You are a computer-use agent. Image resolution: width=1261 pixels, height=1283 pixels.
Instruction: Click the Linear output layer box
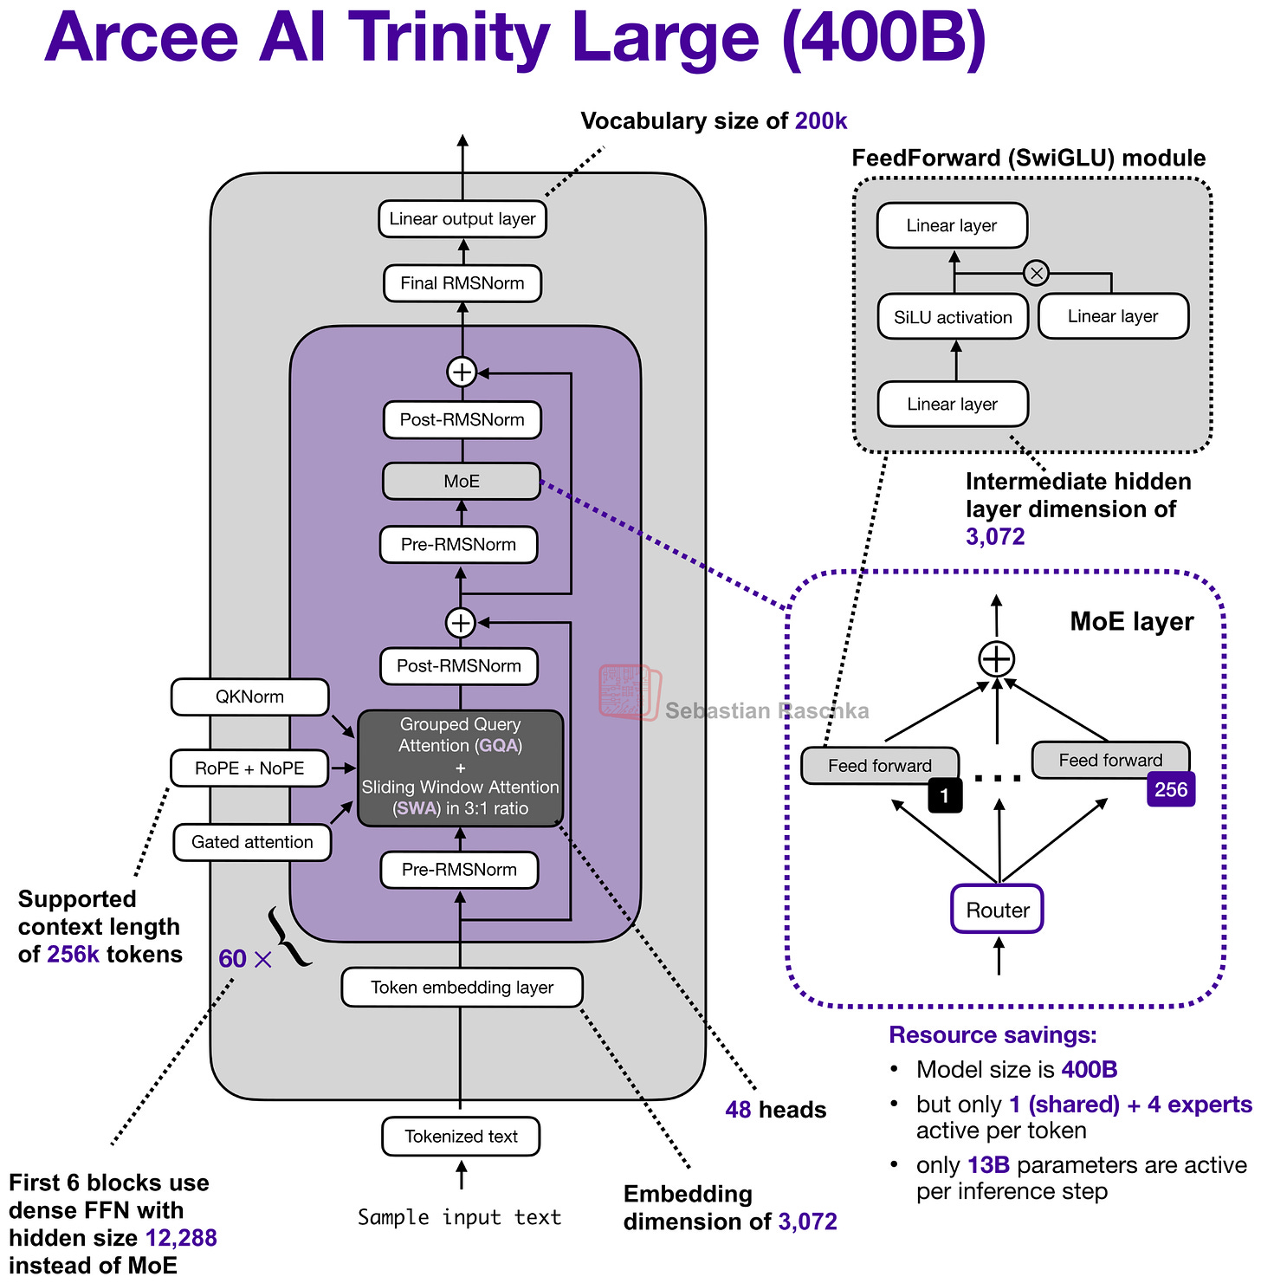[x=462, y=219]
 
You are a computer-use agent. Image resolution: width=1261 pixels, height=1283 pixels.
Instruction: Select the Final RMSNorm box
[x=462, y=283]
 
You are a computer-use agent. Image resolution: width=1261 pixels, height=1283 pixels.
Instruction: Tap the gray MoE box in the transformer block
[x=461, y=482]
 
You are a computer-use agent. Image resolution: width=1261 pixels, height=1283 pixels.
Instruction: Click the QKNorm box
[x=249, y=697]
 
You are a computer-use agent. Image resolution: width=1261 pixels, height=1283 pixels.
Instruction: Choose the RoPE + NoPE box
[x=249, y=768]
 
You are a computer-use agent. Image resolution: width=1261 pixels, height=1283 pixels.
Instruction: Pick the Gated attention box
[x=252, y=842]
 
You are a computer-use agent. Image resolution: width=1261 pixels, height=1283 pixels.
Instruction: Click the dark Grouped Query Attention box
[x=460, y=768]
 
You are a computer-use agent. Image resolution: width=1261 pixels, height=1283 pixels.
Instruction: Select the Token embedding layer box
[x=462, y=988]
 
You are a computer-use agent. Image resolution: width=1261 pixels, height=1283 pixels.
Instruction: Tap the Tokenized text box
[x=461, y=1137]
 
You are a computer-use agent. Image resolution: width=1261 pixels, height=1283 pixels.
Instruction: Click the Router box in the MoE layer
[x=997, y=910]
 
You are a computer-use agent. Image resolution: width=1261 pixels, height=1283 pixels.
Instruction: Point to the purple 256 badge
[x=1171, y=789]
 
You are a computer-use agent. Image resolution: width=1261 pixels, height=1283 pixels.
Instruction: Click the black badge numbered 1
[x=945, y=795]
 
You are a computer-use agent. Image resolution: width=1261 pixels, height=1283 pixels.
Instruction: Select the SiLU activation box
[x=953, y=317]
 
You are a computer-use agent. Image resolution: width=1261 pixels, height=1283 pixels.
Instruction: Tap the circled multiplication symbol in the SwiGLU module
[x=1036, y=274]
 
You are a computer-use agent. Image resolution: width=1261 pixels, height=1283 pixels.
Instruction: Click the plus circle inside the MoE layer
[x=997, y=659]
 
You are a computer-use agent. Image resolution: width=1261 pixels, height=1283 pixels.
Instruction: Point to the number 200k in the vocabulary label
[x=821, y=121]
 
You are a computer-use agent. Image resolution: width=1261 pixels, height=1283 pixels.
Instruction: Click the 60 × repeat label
[x=245, y=959]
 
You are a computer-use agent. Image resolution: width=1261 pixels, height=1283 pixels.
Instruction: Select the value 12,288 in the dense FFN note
[x=181, y=1238]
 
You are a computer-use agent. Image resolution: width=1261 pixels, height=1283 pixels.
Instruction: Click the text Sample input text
[x=460, y=1217]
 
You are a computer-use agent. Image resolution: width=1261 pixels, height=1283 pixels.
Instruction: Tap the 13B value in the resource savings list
[x=988, y=1165]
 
